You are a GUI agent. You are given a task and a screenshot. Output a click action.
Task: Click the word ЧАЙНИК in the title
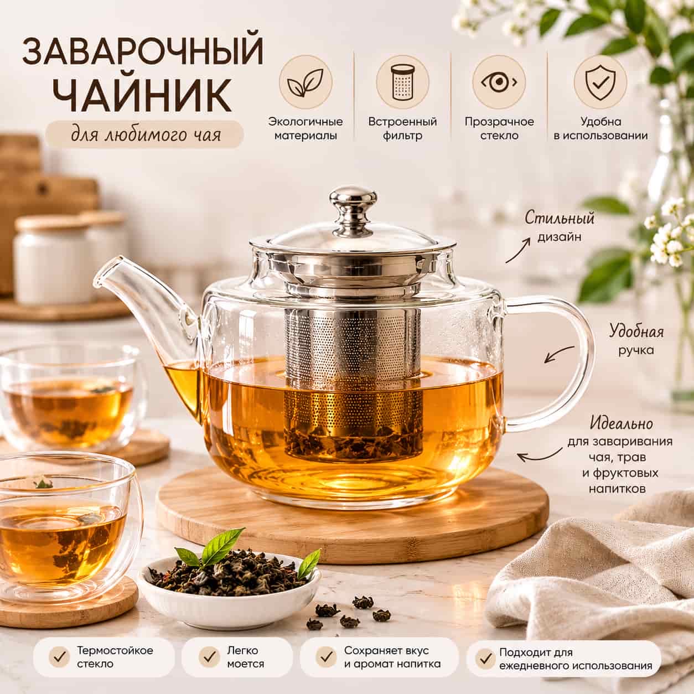point(142,95)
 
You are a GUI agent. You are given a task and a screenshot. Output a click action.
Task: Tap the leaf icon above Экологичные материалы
point(305,82)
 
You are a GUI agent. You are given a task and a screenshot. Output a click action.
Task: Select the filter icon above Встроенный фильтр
point(403,82)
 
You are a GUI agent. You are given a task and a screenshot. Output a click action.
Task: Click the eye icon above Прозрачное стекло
point(499,82)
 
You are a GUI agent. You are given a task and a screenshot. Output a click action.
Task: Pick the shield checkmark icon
point(600,82)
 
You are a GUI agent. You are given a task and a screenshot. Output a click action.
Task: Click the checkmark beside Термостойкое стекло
point(59,656)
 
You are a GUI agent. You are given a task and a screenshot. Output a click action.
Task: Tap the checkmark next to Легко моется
point(209,656)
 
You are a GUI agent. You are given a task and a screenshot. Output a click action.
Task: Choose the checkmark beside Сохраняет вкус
point(326,656)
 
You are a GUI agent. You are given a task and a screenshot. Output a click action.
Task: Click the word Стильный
point(560,219)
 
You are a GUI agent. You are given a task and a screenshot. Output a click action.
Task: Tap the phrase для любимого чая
point(146,134)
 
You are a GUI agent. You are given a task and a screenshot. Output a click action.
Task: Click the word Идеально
point(621,423)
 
